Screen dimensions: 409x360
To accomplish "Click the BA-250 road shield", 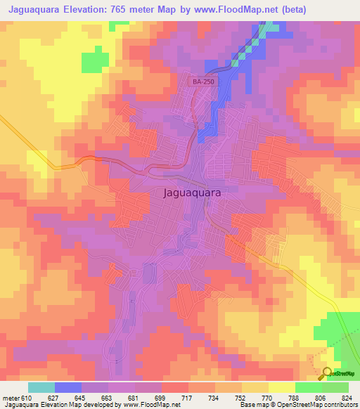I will point(203,82).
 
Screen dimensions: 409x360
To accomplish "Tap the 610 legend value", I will point(27,398).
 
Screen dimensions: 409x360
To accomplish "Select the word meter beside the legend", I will point(10,398).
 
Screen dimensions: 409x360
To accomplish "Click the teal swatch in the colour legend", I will point(41,387).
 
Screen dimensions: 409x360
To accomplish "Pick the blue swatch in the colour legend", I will point(67,387).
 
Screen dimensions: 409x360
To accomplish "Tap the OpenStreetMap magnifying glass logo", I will point(326,374).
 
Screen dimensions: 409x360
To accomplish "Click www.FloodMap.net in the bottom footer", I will point(151,405).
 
